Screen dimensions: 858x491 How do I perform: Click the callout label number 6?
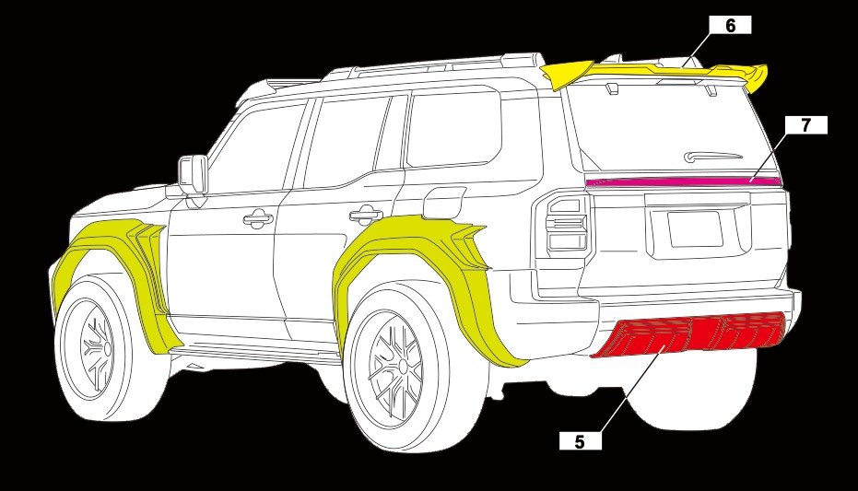point(730,25)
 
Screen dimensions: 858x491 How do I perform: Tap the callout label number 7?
point(805,125)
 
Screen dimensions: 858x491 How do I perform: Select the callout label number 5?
point(580,440)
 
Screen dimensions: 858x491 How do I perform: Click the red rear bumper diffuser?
point(689,334)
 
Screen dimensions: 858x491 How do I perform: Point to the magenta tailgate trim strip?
point(684,181)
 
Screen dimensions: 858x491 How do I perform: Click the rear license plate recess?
point(695,229)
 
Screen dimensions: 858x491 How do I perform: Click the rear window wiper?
point(712,157)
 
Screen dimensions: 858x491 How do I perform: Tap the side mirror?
point(193,175)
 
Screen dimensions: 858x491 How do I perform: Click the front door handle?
point(258,218)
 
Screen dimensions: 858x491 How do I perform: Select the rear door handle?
point(366,214)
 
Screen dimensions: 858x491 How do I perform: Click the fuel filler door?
point(444,202)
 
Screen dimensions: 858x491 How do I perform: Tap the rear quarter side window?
point(453,129)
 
